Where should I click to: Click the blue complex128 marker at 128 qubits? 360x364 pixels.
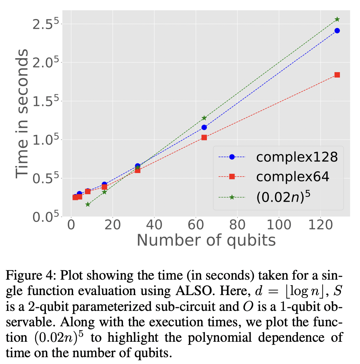(337, 31)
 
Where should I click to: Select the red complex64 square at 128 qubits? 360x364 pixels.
(337, 75)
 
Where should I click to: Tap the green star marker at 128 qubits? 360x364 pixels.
(337, 19)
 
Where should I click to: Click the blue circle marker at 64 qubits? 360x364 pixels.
(204, 127)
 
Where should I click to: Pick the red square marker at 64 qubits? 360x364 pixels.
(204, 137)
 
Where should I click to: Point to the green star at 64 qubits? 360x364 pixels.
(204, 118)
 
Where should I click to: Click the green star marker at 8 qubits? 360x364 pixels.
(88, 204)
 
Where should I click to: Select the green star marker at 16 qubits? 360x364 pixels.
(104, 192)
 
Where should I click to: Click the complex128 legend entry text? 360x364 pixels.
(297, 157)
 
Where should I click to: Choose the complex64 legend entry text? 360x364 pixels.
(293, 177)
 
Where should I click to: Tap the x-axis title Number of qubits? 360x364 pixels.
(206, 240)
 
